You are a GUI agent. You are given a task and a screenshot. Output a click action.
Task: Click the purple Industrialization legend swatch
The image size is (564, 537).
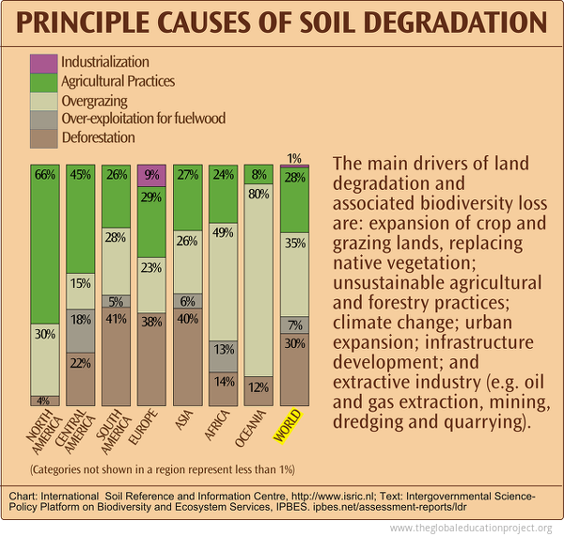pos(43,63)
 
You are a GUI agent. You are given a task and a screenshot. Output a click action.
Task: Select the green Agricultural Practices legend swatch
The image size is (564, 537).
pos(43,82)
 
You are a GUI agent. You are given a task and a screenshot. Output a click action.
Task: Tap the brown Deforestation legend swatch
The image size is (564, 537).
pos(43,138)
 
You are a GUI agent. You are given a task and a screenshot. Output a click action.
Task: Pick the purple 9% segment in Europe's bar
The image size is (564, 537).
pos(150,174)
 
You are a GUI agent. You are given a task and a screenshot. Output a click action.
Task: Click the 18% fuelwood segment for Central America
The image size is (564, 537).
pos(80,330)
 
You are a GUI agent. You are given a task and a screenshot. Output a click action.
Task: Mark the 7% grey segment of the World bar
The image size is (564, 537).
pos(295,324)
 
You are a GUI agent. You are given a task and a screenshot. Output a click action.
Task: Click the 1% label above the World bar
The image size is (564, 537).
pos(294,158)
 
